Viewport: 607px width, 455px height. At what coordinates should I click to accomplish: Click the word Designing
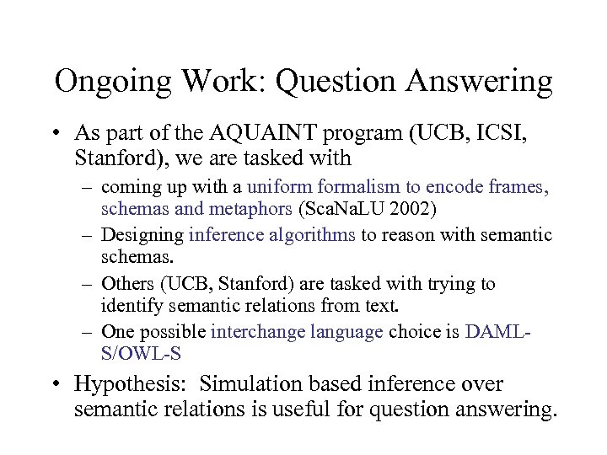point(143,236)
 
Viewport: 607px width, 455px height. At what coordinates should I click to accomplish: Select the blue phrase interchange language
point(297,331)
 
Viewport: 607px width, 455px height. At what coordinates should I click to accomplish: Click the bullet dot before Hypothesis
point(56,385)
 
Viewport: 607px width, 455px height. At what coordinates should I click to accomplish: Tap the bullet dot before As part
point(56,133)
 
